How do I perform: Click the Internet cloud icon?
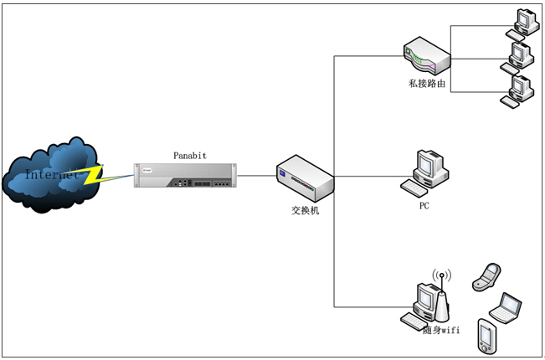point(50,174)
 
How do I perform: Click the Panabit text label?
point(189,155)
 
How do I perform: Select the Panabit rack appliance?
point(184,175)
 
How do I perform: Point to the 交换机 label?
point(305,210)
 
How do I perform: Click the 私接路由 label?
point(426,85)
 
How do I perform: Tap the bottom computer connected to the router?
point(516,91)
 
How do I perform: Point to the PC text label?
point(425,204)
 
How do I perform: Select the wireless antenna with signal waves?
point(442,295)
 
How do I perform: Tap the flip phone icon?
point(487,276)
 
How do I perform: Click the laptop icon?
point(506,307)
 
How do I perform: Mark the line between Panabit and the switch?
point(256,176)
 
